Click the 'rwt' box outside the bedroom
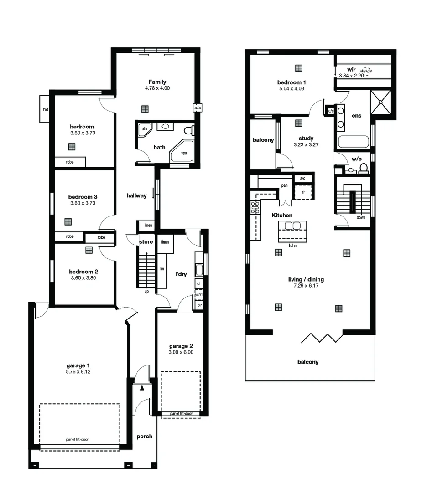coord(46,109)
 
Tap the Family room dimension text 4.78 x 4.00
coord(157,88)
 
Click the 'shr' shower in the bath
coord(145,129)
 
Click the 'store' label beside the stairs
coord(146,241)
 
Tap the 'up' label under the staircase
coord(146,291)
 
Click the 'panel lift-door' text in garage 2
coord(181,414)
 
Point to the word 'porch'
coord(144,436)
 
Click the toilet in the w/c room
coord(364,168)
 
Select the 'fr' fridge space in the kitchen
coord(303,192)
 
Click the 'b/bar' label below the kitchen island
coord(293,245)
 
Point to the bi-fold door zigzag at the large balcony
coord(322,338)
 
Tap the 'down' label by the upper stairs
coord(361,217)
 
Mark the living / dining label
coord(306,279)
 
